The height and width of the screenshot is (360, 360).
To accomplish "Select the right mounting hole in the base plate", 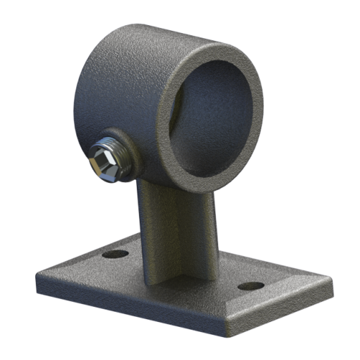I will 249,286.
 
